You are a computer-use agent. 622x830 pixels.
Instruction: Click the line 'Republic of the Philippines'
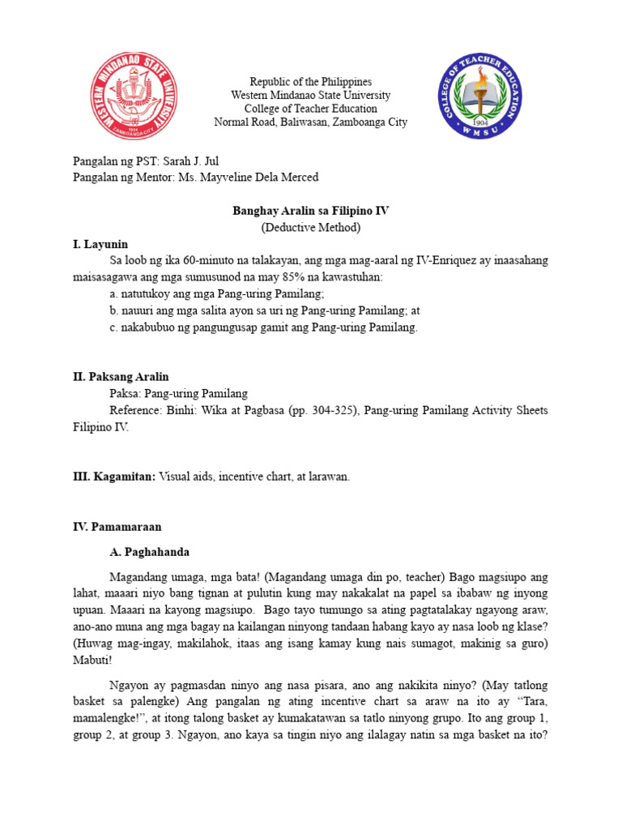310,82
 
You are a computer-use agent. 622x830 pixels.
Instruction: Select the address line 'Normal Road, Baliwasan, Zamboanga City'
310,122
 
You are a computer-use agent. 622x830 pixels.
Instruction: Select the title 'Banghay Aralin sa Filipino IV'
310,211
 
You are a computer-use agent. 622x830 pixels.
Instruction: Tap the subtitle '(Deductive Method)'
310,228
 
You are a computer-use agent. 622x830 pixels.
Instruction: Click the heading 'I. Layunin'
100,244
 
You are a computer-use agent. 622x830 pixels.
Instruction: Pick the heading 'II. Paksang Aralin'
121,377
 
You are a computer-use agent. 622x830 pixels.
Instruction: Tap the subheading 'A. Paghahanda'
149,552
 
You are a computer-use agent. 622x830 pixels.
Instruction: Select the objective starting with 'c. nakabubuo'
263,327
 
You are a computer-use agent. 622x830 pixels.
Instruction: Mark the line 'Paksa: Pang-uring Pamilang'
178,394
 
